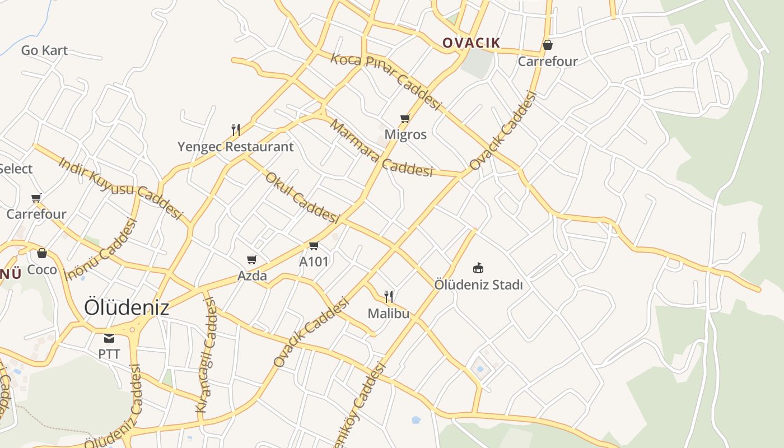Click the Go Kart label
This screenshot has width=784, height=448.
[x=44, y=50]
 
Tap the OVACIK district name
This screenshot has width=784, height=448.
[x=471, y=43]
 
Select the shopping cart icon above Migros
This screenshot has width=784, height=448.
[x=405, y=118]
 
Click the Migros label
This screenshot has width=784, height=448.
[x=405, y=134]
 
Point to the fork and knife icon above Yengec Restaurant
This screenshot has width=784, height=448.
[x=236, y=130]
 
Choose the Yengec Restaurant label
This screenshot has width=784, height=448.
[x=235, y=147]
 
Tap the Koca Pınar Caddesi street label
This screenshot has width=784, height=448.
[x=386, y=81]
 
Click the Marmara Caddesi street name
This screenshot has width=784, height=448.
[x=381, y=148]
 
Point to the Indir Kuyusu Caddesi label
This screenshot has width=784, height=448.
[x=121, y=188]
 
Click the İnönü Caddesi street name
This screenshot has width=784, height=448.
[x=101, y=249]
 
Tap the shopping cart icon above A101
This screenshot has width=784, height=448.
[x=314, y=245]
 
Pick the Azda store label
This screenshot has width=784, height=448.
[x=252, y=276]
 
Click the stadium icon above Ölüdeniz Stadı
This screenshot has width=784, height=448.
[x=478, y=268]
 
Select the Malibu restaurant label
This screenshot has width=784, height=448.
[x=389, y=313]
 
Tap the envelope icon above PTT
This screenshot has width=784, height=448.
[x=109, y=338]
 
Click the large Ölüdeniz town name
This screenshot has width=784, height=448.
[x=127, y=307]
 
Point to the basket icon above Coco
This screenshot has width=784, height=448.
[x=42, y=253]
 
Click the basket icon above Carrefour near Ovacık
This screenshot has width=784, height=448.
[x=547, y=45]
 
